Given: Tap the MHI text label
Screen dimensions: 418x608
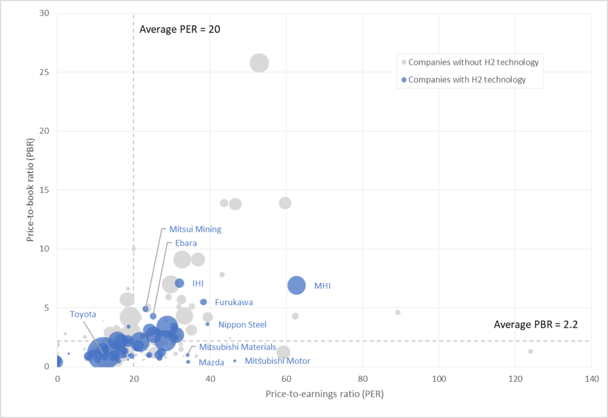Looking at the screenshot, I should [x=322, y=286].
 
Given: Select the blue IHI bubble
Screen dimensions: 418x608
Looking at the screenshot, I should [x=179, y=283].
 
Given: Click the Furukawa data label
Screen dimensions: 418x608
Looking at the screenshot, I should [x=234, y=302].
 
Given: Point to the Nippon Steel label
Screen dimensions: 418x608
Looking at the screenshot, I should [x=242, y=325].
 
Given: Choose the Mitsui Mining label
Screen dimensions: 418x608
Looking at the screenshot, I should [x=195, y=229].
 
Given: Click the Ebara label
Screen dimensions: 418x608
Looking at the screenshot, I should [x=185, y=243].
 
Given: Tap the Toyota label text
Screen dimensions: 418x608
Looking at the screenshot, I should [x=83, y=314].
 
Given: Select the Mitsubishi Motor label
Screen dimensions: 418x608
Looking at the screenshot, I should [x=277, y=361].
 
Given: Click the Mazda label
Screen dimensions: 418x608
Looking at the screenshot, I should [x=211, y=362].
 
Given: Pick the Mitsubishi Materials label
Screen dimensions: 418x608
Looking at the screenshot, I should [x=237, y=347].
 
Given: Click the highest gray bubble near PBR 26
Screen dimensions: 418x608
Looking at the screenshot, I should [x=259, y=62].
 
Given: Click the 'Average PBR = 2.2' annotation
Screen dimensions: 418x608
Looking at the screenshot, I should [x=536, y=325].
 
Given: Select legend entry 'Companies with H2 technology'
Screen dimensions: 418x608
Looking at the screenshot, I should [x=467, y=80].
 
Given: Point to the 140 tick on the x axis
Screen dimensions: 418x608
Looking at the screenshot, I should [x=591, y=378].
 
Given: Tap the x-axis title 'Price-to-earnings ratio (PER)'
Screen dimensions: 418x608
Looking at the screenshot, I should [x=324, y=395].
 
